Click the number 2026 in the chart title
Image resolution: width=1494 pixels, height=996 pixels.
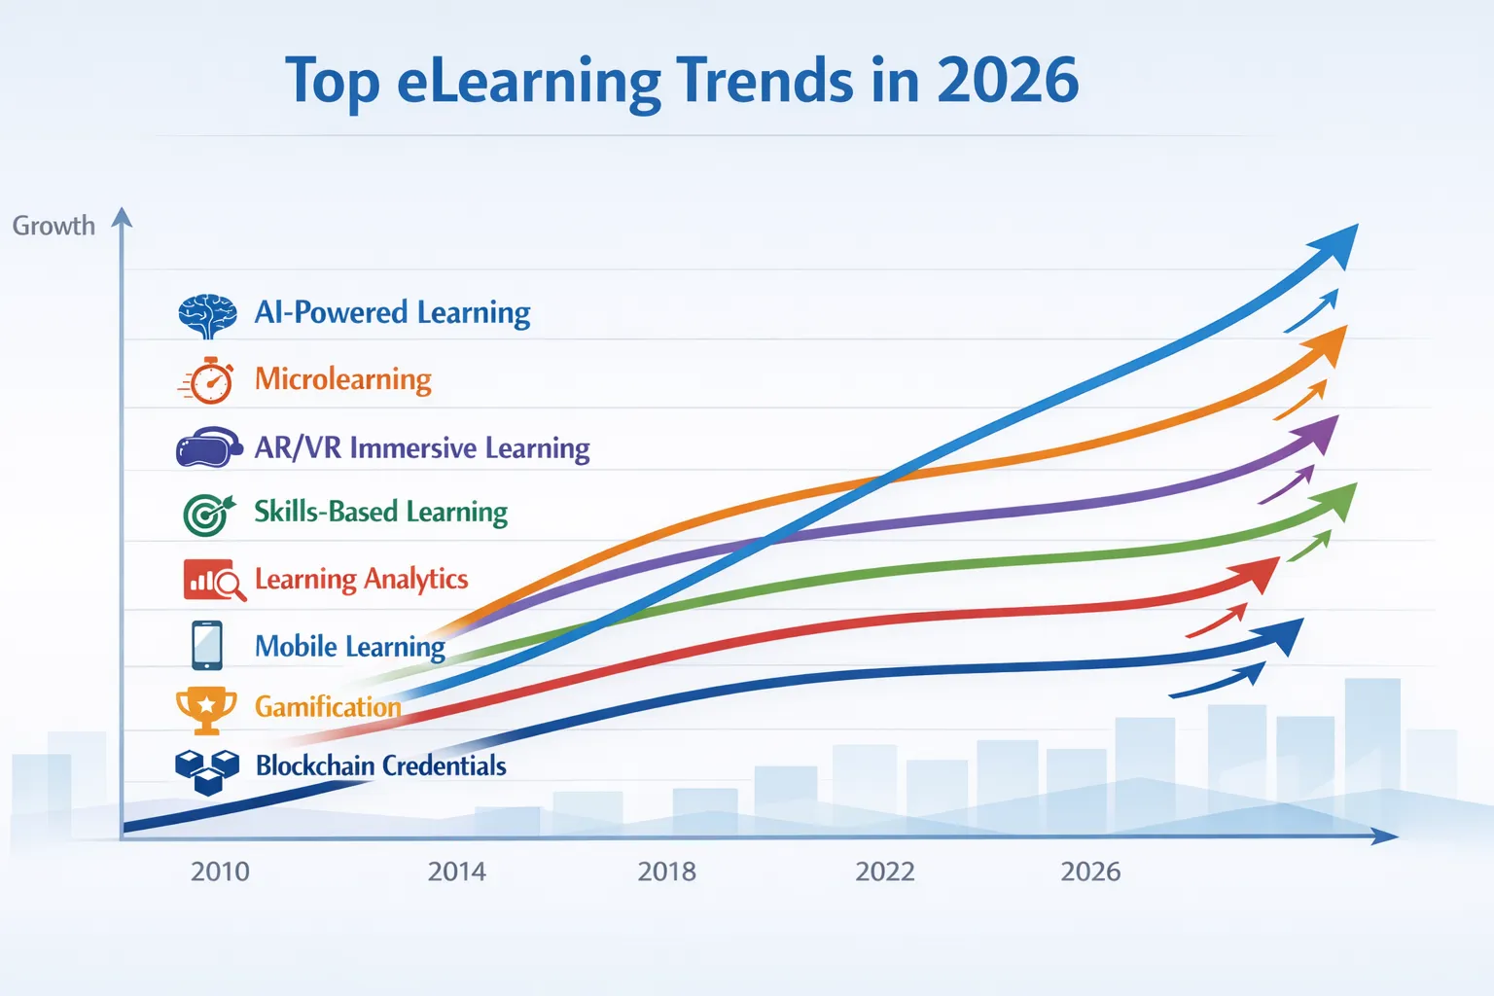(1007, 81)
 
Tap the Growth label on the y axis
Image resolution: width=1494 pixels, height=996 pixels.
(53, 226)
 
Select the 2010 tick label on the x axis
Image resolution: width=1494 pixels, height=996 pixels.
(220, 871)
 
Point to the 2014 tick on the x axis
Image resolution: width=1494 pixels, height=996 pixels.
(456, 871)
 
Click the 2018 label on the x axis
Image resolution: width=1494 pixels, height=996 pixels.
(666, 871)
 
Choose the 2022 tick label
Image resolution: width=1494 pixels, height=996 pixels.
(884, 871)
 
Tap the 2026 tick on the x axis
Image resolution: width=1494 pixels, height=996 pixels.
(1090, 871)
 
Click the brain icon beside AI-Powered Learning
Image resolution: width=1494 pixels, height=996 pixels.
(207, 315)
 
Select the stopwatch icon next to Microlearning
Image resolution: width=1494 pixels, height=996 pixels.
(208, 380)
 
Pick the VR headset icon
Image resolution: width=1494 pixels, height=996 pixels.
(208, 448)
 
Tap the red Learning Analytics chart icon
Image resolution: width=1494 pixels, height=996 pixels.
(212, 580)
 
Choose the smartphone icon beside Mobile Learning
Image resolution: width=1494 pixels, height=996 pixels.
(207, 646)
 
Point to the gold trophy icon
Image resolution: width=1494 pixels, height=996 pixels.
(206, 709)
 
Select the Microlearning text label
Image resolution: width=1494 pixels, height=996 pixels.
(342, 379)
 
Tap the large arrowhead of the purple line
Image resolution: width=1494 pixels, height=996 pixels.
(1323, 435)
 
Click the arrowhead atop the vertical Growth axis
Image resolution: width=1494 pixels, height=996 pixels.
(122, 217)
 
